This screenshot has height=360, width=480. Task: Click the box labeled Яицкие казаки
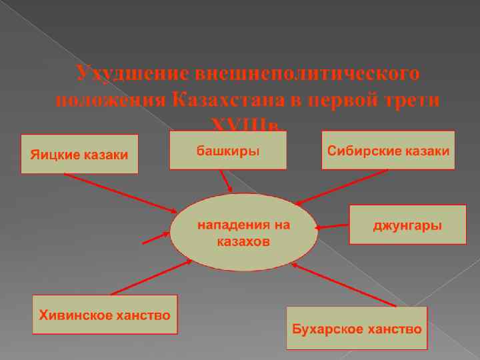(79, 154)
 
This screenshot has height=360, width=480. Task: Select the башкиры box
(228, 150)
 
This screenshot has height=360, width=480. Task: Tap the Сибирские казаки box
(388, 150)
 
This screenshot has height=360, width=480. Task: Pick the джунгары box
(407, 225)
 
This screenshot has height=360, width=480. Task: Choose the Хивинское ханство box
(106, 314)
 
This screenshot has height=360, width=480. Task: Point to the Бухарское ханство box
(357, 328)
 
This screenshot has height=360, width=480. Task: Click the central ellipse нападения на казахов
(243, 233)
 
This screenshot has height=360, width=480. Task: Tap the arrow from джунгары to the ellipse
(333, 227)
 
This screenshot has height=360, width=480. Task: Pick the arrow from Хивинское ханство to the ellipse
(150, 277)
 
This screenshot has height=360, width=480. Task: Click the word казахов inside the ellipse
(243, 241)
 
